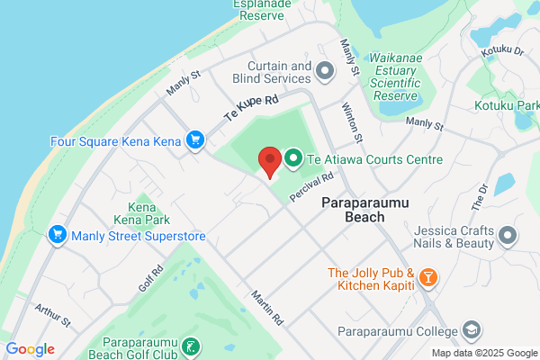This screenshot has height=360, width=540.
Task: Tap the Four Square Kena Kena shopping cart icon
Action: point(193,139)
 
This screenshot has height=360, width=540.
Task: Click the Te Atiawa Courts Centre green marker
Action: point(293,159)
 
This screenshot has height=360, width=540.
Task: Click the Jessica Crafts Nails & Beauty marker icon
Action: point(508,236)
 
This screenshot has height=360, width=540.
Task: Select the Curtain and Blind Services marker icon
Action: point(326,69)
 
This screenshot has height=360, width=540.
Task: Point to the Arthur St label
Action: point(52,316)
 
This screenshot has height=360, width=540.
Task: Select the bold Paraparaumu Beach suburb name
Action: point(365,210)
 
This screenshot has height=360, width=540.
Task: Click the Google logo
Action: point(30,349)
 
